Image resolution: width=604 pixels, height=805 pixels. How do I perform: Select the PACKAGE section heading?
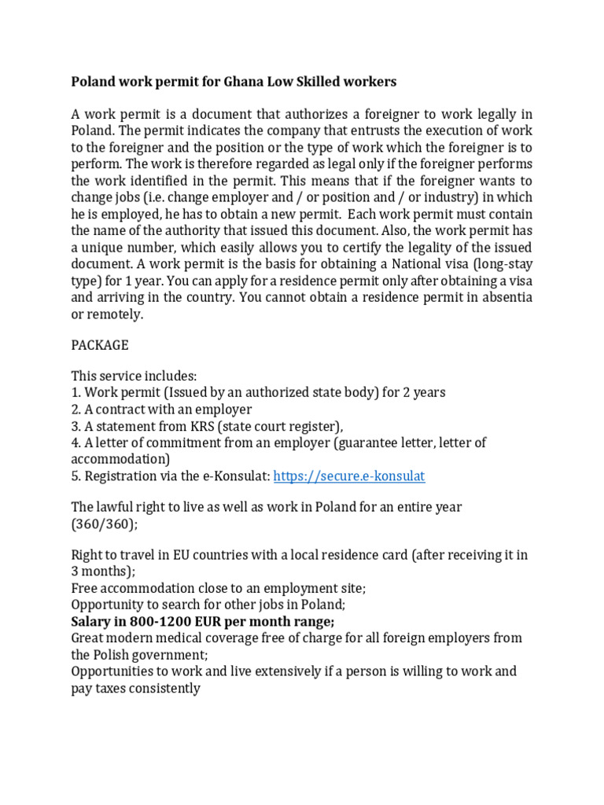(x=99, y=345)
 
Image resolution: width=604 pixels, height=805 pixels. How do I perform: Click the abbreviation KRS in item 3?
(x=199, y=426)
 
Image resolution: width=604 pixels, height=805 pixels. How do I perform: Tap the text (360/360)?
(x=104, y=524)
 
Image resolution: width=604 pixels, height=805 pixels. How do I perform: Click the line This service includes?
(x=134, y=377)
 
